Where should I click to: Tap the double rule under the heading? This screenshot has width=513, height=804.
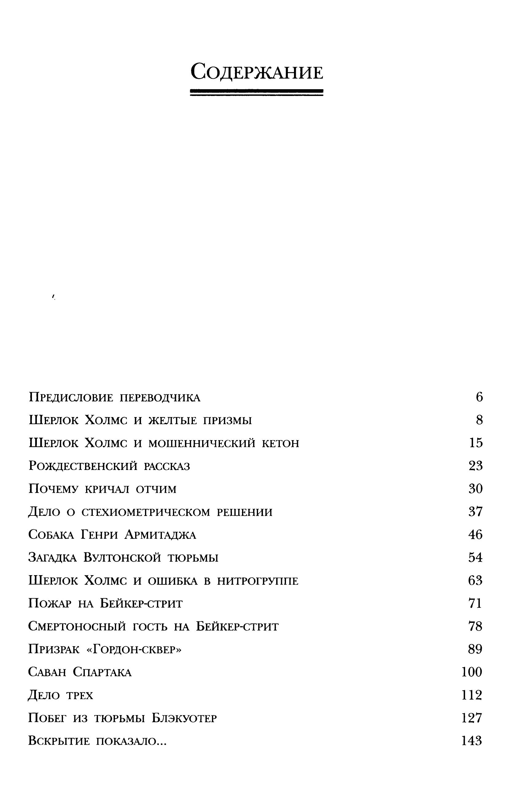click(256, 92)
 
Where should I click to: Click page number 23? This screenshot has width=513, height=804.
click(475, 466)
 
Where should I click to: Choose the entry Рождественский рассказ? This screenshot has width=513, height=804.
click(109, 466)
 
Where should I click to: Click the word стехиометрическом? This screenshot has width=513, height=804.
click(146, 512)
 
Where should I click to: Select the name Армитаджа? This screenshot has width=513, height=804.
click(160, 535)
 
